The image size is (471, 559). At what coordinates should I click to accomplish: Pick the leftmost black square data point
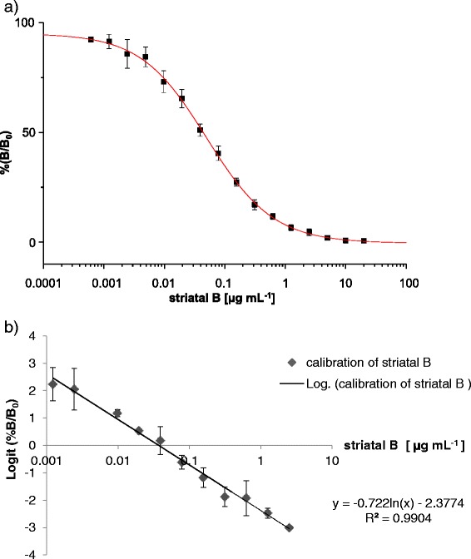[x=91, y=39]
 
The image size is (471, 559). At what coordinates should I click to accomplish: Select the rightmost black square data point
[x=364, y=240]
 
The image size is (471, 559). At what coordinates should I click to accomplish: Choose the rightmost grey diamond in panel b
[x=289, y=527]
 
